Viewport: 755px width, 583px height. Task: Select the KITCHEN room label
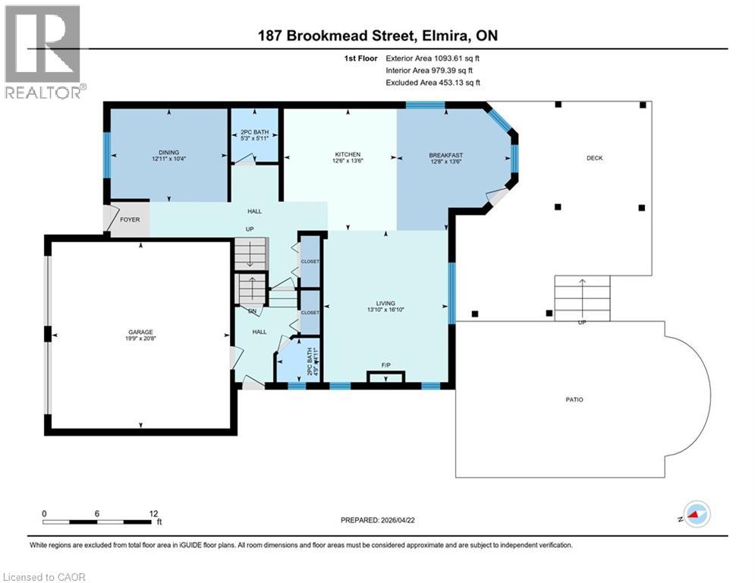(348, 154)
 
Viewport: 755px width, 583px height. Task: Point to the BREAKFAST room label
(445, 155)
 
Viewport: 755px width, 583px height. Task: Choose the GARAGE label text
(140, 332)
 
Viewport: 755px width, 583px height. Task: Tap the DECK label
(594, 158)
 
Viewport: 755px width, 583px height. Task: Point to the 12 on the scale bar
(153, 513)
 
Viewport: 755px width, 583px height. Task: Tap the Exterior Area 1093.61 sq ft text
(433, 58)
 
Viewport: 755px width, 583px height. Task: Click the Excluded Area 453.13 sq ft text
(433, 83)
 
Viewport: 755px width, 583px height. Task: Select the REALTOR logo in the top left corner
(44, 52)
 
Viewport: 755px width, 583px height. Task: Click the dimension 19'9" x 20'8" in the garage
(140, 340)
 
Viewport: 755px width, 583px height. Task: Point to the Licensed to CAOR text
(44, 577)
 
